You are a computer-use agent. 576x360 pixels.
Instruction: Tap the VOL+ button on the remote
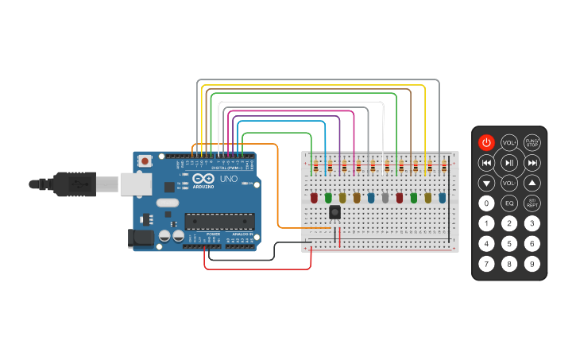509,142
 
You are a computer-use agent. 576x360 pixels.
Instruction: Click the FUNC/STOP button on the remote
532,142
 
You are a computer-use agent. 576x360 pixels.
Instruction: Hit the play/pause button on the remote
509,163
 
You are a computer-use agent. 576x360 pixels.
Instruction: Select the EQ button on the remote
509,203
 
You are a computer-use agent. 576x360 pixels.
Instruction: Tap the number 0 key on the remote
486,203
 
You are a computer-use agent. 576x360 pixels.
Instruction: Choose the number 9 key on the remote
532,263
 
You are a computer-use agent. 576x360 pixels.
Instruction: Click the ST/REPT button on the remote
532,203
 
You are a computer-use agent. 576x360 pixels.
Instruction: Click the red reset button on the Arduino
145,161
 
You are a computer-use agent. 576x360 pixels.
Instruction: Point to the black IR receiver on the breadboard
334,212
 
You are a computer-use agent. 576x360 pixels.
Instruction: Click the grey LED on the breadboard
385,197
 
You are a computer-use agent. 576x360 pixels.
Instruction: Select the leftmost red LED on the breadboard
314,197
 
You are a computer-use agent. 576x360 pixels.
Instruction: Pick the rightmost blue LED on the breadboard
442,197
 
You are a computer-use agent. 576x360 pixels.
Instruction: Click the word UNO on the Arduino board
228,179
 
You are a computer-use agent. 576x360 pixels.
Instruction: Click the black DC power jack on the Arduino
141,237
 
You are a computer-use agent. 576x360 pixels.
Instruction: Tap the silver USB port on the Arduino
135,184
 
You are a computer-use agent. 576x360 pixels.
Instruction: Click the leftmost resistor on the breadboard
315,167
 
